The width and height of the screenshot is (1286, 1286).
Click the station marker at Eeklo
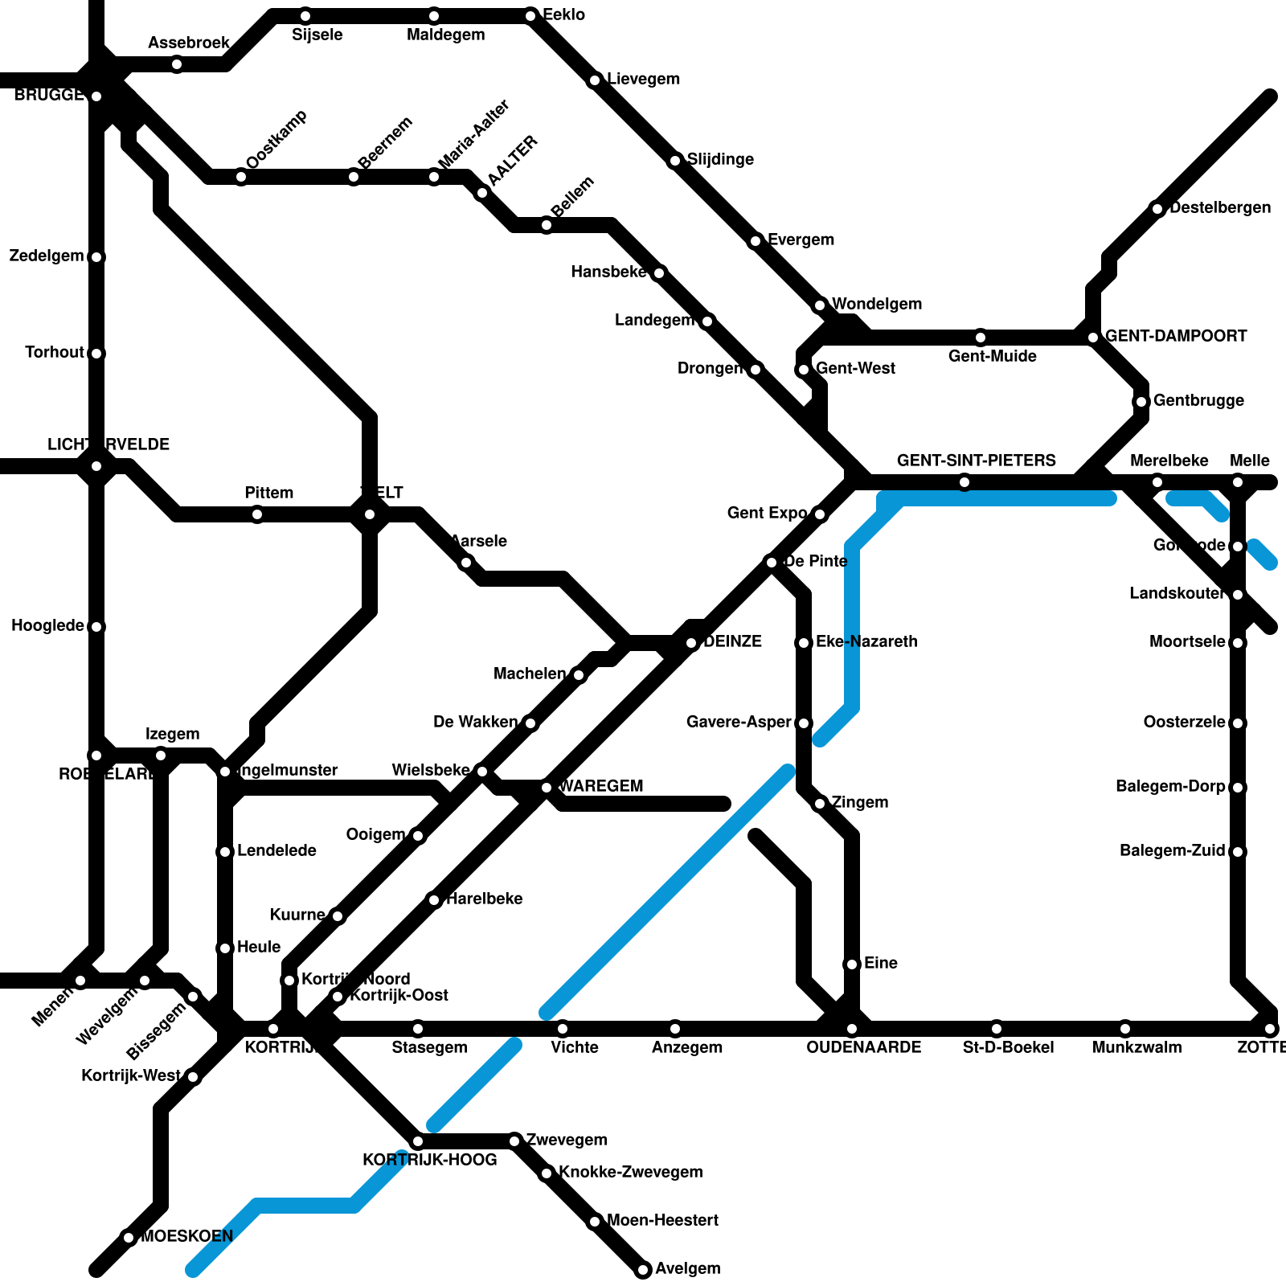(x=530, y=16)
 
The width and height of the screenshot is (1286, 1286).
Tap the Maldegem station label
(x=445, y=35)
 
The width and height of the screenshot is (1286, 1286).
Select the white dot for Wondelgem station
(x=820, y=305)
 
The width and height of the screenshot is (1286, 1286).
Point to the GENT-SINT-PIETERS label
(x=976, y=461)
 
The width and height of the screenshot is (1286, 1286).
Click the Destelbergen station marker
(x=1157, y=209)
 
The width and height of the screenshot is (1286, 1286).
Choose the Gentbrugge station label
(x=1198, y=400)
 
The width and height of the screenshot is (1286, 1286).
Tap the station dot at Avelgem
(x=643, y=1270)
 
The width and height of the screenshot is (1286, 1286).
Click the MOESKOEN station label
(x=187, y=1236)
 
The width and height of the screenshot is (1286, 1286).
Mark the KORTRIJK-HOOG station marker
(x=418, y=1141)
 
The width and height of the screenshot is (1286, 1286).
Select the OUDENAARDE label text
(x=863, y=1047)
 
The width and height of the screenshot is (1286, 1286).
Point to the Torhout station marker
(x=96, y=354)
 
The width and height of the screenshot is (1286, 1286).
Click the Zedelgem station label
(x=47, y=256)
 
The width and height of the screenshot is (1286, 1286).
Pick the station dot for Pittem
(x=257, y=514)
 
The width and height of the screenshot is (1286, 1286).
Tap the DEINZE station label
(x=732, y=641)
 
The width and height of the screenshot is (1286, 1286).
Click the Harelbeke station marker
(x=434, y=900)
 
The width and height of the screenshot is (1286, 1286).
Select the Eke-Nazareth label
(x=866, y=641)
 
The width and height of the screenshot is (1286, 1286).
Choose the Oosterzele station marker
(x=1238, y=723)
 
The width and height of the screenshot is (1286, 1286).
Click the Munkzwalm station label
(x=1137, y=1047)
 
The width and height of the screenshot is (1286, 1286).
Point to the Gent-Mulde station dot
(x=981, y=338)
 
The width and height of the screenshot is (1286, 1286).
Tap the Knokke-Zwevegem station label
(x=630, y=1172)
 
